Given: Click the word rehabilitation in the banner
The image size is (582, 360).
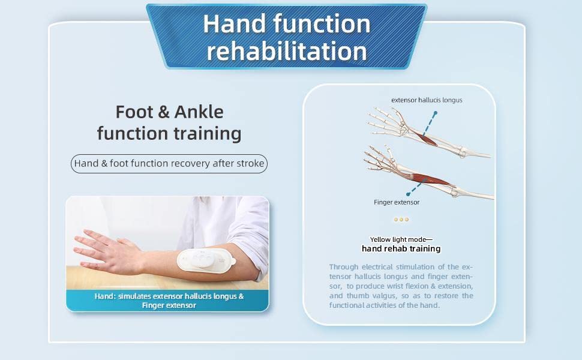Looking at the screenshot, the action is tap(287, 51).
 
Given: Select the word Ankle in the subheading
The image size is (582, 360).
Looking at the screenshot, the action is tap(199, 112).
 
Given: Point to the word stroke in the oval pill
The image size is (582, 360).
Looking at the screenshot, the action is tap(250, 163).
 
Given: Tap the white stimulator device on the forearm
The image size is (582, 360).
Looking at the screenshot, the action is tap(206, 259).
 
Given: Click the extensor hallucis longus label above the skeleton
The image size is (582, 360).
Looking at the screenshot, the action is tap(427, 100).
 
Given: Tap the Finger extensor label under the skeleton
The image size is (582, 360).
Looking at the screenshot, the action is tap(397, 202).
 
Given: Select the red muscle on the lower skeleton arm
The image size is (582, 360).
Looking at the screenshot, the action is tap(431, 179).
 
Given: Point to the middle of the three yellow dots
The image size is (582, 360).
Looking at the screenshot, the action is tap(401, 220).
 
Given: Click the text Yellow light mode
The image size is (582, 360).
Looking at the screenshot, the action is tap(398, 239).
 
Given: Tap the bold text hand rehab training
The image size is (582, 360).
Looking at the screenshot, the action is tap(401, 248).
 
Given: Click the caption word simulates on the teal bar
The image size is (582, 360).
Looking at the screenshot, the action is tap(134, 296).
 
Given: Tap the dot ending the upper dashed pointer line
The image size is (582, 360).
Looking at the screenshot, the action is tap(436, 113).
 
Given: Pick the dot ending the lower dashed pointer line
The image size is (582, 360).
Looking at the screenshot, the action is tap(408, 194).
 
